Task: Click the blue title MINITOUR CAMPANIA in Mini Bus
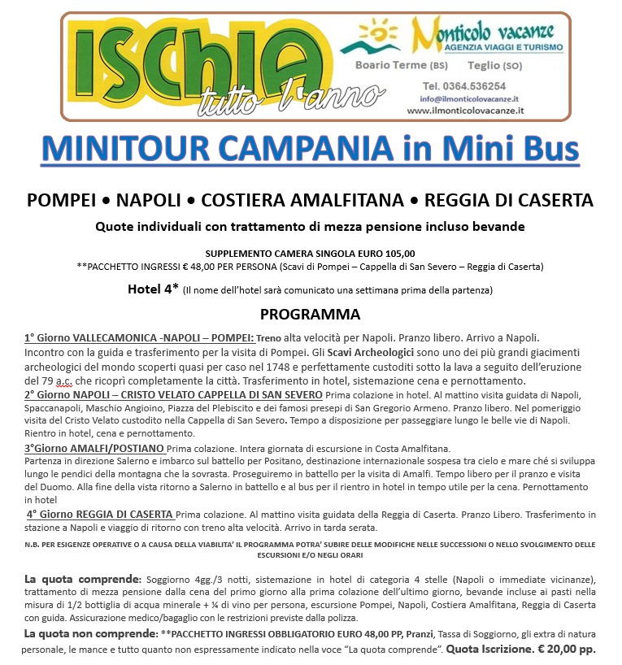click(x=311, y=150)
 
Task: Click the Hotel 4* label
click(x=153, y=289)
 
